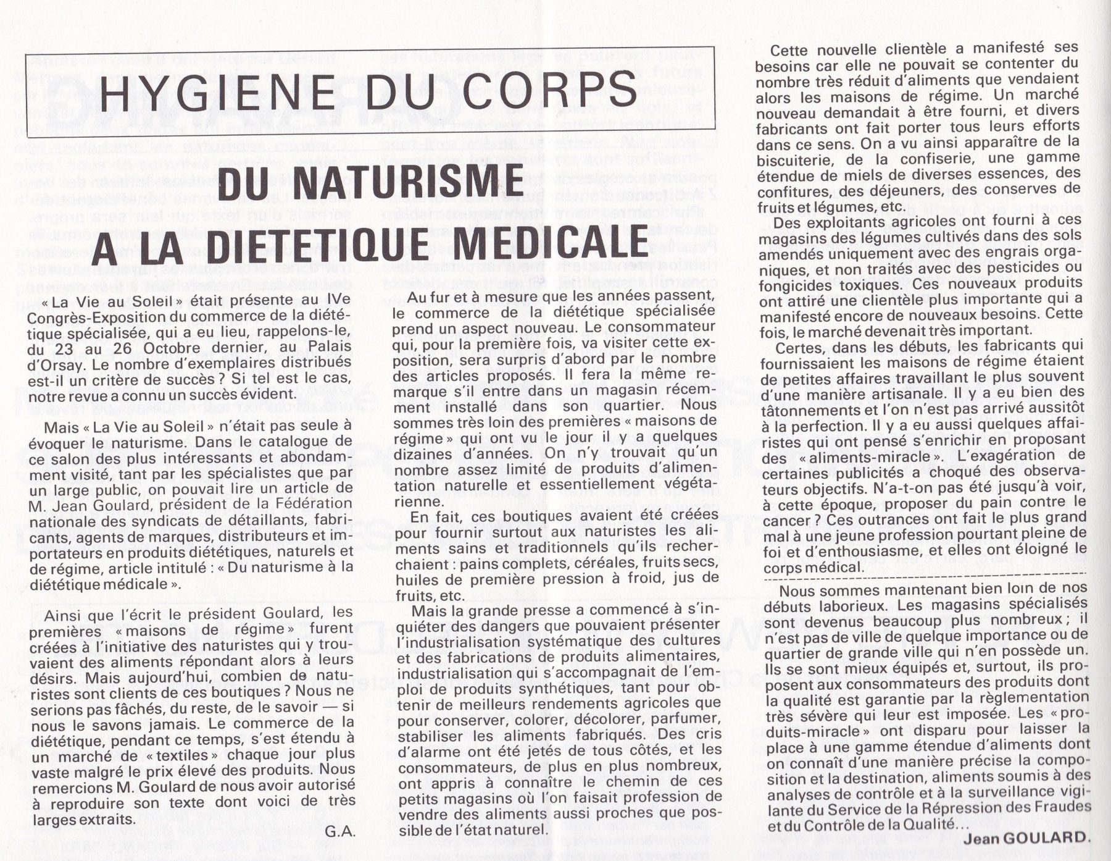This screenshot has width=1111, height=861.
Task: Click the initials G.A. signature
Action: coord(340,831)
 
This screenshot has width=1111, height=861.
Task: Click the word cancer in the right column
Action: coord(784,520)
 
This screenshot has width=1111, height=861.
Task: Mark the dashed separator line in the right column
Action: coord(925,580)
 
